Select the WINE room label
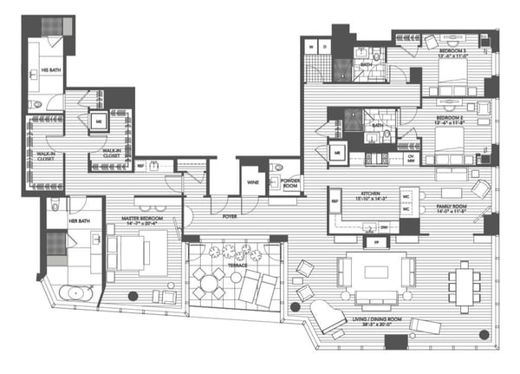coord(253,183)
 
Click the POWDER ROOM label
coord(283,185)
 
